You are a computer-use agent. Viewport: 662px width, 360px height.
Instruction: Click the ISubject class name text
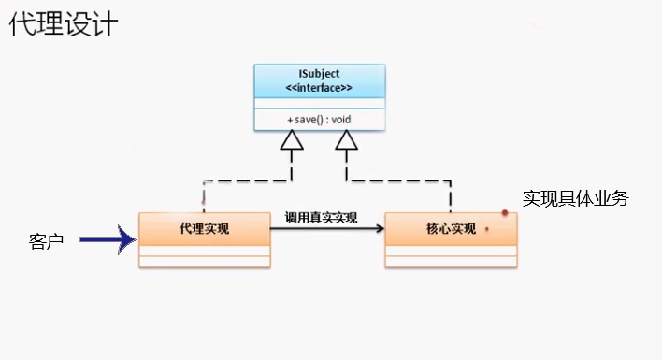tap(319, 74)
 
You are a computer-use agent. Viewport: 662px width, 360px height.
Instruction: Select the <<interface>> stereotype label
tap(319, 88)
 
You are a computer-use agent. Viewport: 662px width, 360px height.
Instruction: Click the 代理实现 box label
tap(205, 228)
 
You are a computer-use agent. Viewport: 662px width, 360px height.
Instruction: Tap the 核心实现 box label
tap(450, 228)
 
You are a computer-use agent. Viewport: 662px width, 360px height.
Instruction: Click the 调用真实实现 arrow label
tap(321, 217)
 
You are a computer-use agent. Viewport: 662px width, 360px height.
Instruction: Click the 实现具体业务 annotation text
tap(575, 198)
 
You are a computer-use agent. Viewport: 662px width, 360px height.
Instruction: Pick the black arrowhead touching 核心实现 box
tap(378, 227)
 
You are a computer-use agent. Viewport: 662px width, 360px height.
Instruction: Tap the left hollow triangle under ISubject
tap(293, 140)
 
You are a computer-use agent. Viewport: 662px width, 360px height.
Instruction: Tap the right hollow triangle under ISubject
tap(347, 140)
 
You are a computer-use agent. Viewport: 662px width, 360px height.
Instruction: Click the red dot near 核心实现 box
tap(505, 213)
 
